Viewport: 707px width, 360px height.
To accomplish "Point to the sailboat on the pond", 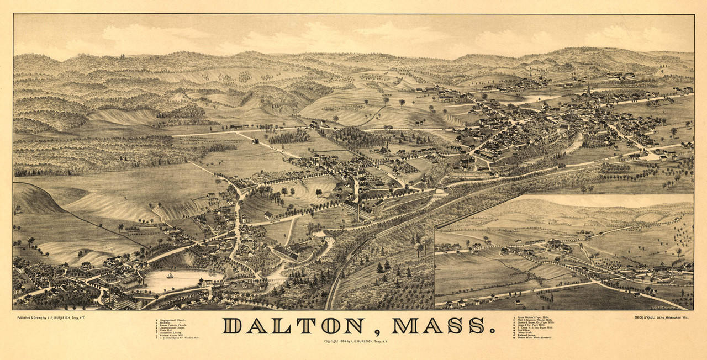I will tap(170, 275).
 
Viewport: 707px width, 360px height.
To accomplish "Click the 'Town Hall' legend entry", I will tap(166, 331).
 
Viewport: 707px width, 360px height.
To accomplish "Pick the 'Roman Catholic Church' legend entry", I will tap(173, 325).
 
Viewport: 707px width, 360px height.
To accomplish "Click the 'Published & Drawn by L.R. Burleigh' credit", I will tap(53, 317).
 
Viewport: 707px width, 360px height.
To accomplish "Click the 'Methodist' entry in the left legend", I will tap(165, 322).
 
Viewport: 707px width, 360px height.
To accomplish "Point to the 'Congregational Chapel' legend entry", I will tap(172, 328).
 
